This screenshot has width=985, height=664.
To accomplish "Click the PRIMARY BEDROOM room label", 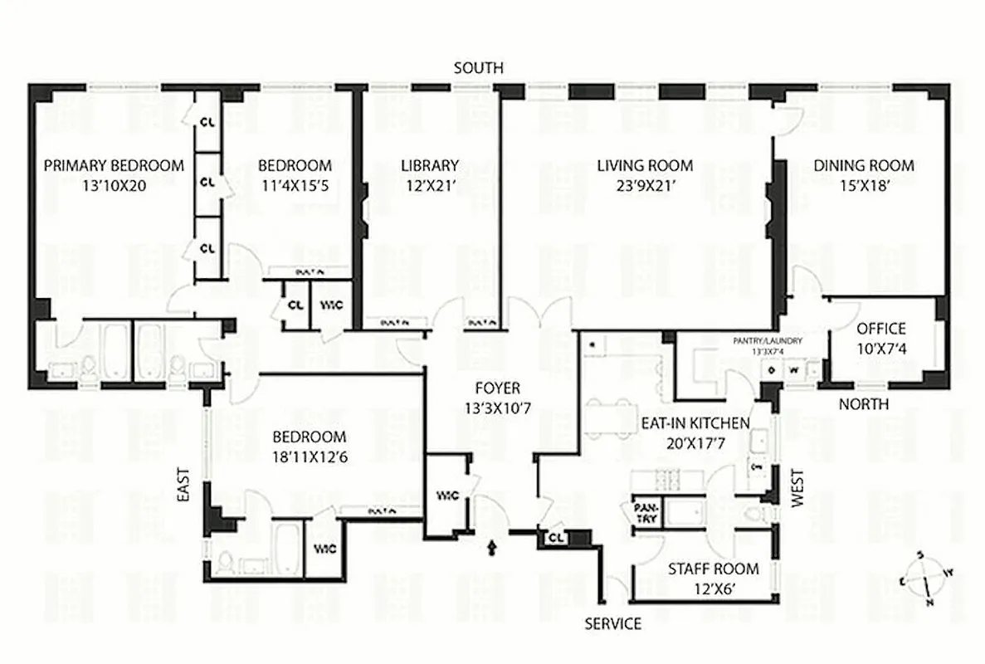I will click(x=114, y=166).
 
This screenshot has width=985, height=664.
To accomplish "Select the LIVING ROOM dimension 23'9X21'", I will click(x=645, y=186).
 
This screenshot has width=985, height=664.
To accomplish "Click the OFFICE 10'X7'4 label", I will click(x=881, y=338).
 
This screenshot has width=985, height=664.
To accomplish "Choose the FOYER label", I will click(x=497, y=388).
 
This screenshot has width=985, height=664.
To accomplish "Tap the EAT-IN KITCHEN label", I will click(x=695, y=423).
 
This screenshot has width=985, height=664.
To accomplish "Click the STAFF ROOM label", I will click(x=714, y=569).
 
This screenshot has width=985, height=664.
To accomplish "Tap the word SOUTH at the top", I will click(x=478, y=68).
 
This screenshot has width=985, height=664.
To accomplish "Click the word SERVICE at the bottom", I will click(x=612, y=623).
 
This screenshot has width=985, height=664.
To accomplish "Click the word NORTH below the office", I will click(x=863, y=404).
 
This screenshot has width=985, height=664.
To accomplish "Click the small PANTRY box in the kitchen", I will click(x=645, y=512).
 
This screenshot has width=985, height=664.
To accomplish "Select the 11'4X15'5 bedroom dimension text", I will click(x=295, y=186).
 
